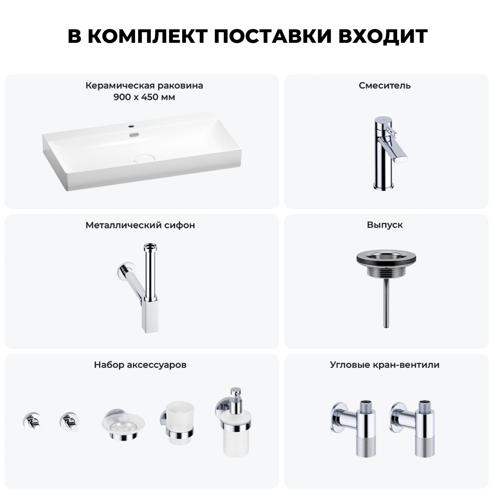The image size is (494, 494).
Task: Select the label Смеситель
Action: [x=385, y=86]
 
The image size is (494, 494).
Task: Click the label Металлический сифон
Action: [x=140, y=225]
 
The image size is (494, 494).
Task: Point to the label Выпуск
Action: [x=385, y=225]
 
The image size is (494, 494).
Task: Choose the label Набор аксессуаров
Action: [x=140, y=365]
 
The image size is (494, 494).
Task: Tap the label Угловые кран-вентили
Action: [x=385, y=365]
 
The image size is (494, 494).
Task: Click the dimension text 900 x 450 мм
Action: [x=144, y=97]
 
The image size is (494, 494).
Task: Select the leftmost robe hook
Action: [x=32, y=422]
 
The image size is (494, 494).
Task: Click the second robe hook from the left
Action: [x=69, y=422]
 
